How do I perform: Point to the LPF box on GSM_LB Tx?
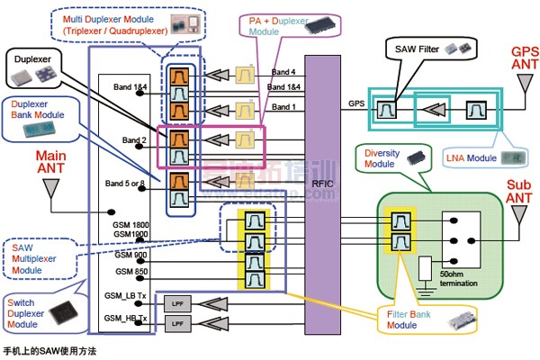[175, 303]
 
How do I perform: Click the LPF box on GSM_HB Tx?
[175, 322]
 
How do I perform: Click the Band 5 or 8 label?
[125, 184]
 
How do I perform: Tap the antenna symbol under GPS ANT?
[522, 85]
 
